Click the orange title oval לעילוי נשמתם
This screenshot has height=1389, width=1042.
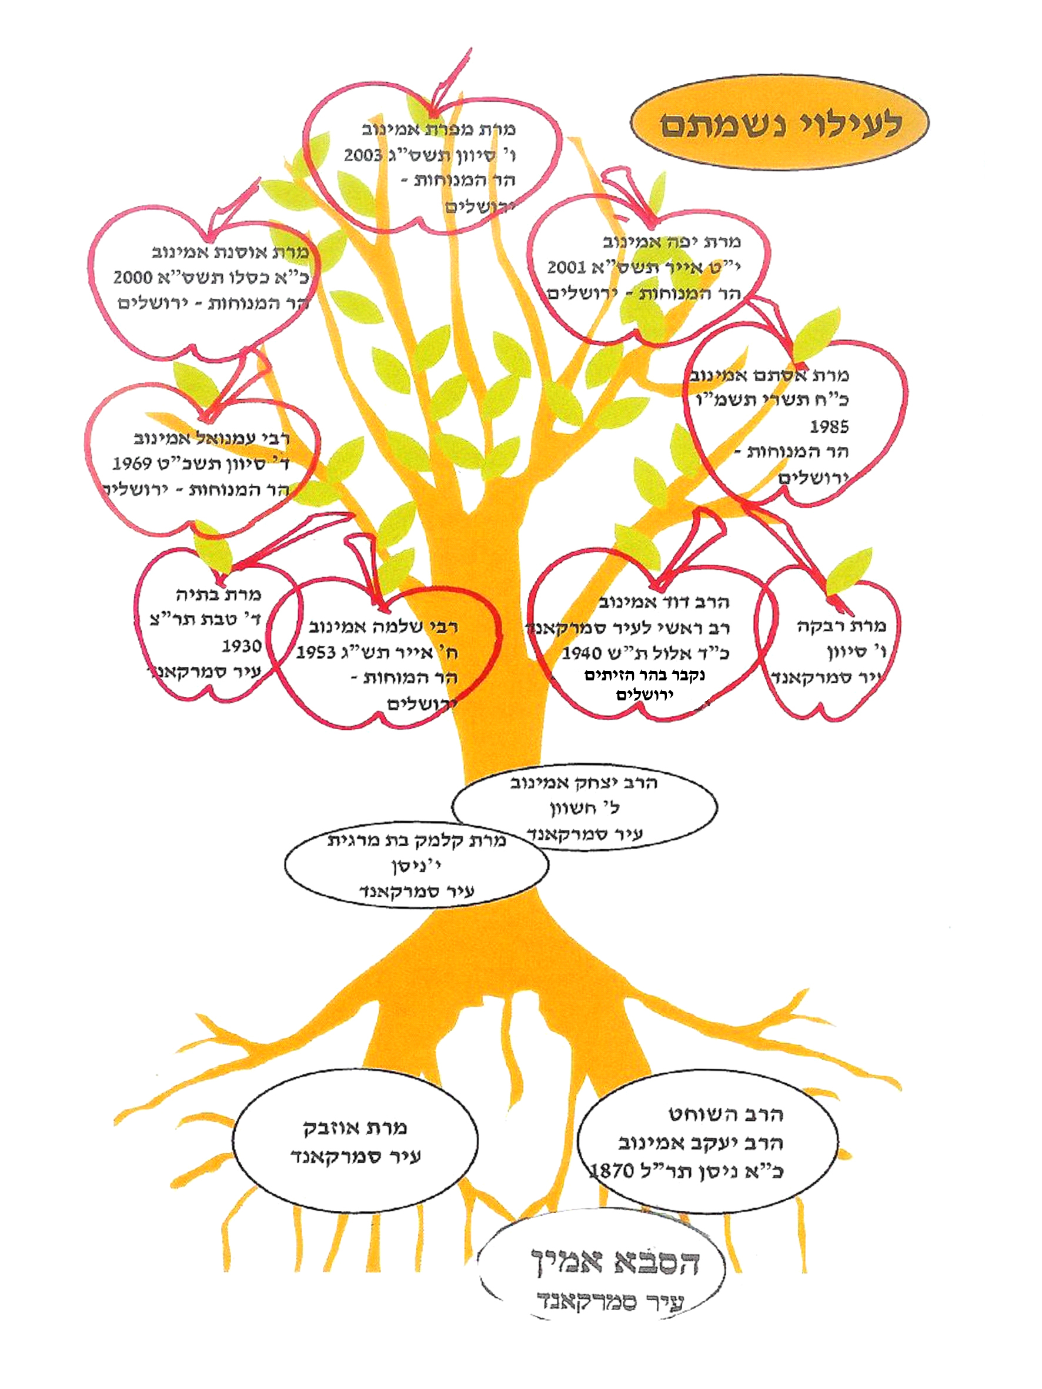[x=779, y=124]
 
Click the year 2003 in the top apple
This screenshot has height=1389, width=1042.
[x=363, y=155]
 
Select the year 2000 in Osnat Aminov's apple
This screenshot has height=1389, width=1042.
[x=132, y=278]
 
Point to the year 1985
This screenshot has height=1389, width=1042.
[x=829, y=427]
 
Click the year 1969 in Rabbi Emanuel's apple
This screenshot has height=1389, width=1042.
[x=132, y=464]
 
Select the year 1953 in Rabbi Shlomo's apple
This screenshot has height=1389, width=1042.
[x=315, y=652]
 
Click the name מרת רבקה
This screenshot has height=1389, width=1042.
[x=841, y=626]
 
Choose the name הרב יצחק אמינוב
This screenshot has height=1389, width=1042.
[x=583, y=783]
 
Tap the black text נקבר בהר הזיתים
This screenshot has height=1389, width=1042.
[x=644, y=676]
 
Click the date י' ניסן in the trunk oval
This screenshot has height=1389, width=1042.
[x=416, y=867]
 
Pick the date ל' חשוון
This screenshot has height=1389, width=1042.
[x=585, y=809]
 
